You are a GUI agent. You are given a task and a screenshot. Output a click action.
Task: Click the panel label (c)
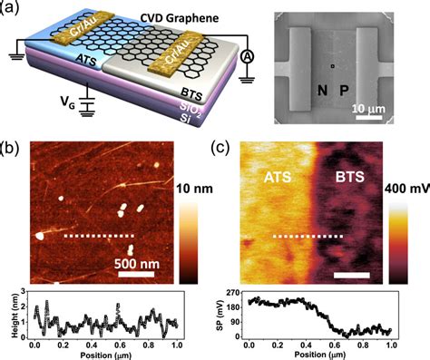coord(219,145)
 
